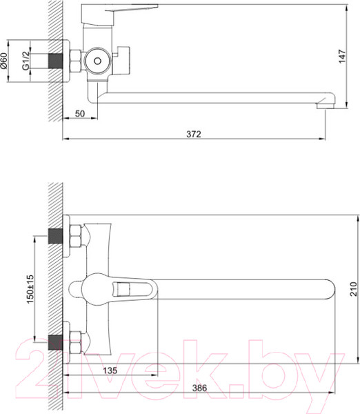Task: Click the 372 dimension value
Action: pos(194,134)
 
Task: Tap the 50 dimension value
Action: pos(80,114)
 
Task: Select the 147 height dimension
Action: pos(342,56)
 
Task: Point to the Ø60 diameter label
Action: pos(4,61)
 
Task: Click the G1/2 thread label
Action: pos(26,61)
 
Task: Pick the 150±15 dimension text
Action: pos(30,289)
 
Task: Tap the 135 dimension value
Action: pos(110,370)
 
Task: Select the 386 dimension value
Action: pos(199,388)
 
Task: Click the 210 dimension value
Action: pos(353,289)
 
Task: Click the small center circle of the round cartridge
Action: pos(98,61)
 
